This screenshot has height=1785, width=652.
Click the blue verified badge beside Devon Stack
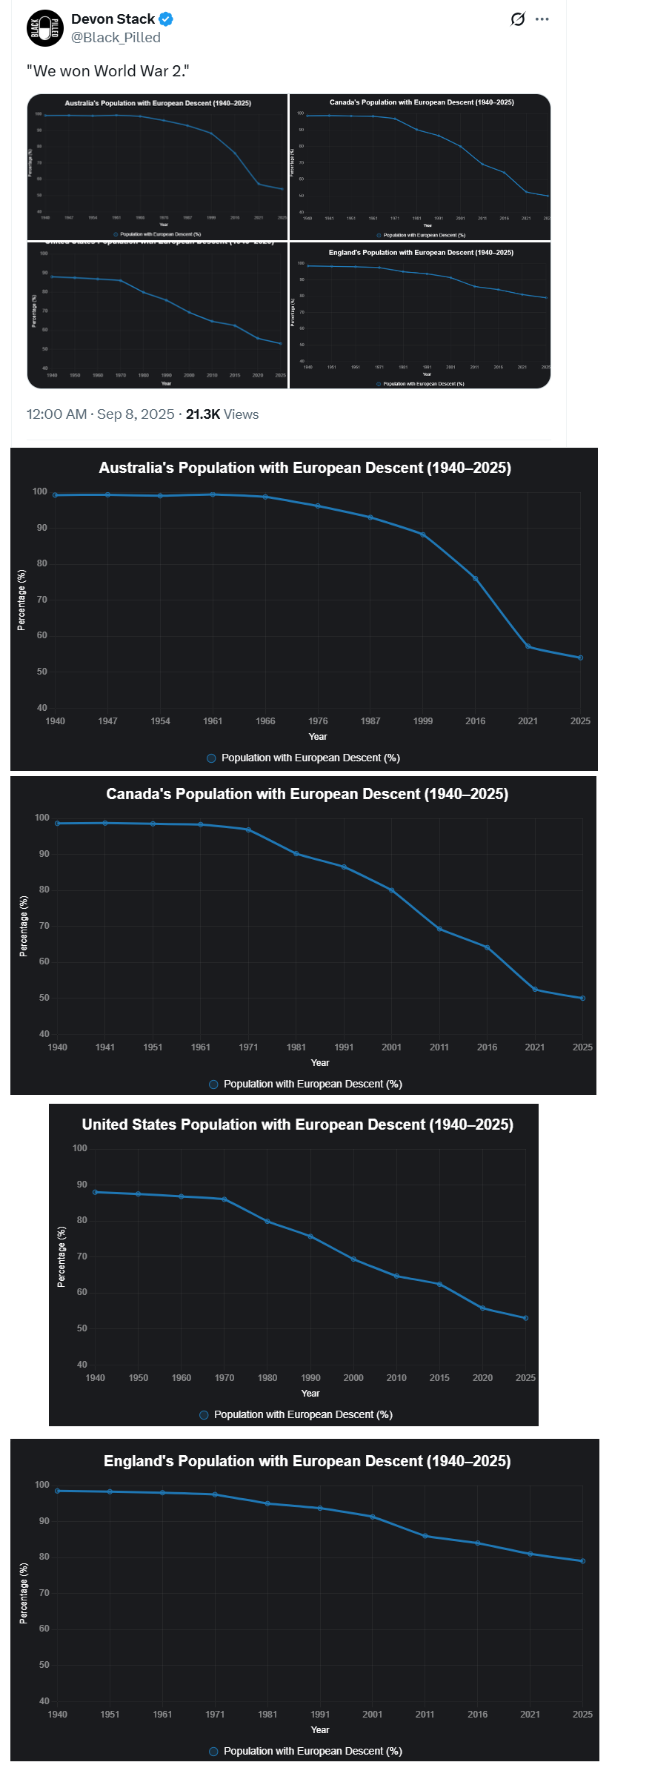167,19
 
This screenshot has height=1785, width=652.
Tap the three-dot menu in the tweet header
542,19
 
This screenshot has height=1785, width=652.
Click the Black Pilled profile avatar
45,28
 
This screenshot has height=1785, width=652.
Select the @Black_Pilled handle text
116,38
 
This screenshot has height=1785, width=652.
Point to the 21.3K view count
202,414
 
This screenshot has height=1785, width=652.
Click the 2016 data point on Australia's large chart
476,579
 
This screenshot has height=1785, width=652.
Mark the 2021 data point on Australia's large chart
528,646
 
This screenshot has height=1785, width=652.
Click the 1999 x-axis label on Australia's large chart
423,721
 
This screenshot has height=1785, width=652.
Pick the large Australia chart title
305,468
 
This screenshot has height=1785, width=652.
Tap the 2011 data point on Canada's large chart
439,929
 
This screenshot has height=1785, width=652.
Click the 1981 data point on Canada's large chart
296,854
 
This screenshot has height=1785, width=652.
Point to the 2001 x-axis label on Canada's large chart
391,1047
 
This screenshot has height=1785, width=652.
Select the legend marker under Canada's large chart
213,1084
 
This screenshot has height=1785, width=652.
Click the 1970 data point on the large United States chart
224,1199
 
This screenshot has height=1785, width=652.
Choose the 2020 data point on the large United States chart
482,1308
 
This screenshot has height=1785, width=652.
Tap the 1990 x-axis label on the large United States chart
310,1378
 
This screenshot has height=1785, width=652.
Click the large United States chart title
297,1125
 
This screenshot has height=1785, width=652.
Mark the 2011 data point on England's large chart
425,1536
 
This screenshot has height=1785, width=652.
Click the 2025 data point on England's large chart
582,1561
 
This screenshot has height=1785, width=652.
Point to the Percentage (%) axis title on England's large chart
24,1594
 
